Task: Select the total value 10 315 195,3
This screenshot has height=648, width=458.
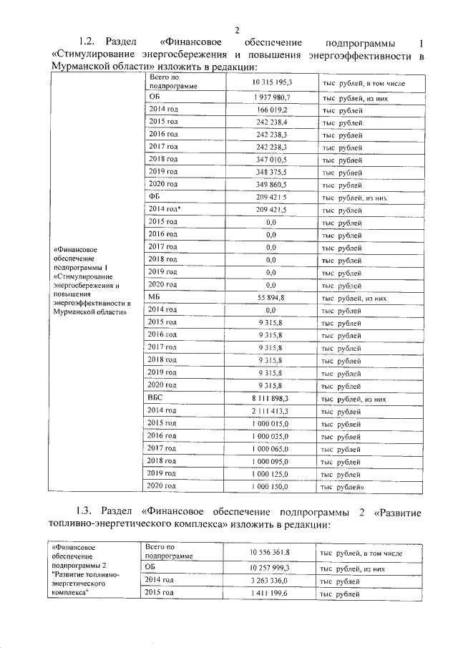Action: point(271,83)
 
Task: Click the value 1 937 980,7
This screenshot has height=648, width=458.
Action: point(271,97)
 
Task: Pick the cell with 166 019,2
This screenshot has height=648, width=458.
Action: point(271,110)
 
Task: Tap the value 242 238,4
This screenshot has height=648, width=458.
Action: point(271,122)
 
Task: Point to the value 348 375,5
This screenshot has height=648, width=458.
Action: point(271,172)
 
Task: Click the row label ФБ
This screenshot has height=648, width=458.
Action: point(154,197)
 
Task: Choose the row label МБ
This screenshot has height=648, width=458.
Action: point(155,297)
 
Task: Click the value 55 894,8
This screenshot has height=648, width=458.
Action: point(271,297)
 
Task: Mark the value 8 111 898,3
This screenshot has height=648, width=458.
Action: point(271,398)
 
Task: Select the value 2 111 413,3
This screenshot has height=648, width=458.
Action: point(271,411)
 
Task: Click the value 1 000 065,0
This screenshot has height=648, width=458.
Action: point(271,448)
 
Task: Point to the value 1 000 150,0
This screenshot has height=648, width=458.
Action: point(271,486)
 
